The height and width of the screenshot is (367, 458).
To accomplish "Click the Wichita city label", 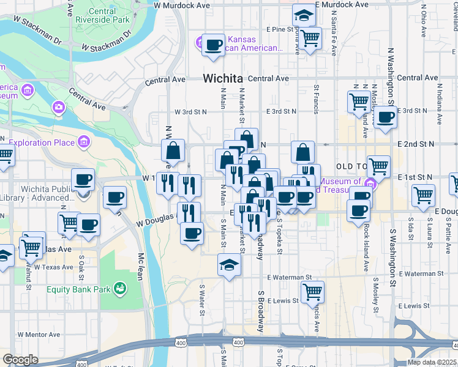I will coord(222,78).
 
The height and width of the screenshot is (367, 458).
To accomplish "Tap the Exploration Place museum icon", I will coord(84,143).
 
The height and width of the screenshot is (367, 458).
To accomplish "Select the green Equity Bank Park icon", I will coord(121,287).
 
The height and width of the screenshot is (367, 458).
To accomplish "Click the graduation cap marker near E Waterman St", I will coord(229,265).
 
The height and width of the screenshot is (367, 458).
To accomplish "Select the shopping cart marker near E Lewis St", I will coord(312,292).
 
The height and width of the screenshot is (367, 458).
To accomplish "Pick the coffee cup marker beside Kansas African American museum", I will coord(213,45).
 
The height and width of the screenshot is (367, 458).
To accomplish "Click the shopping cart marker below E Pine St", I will coord(310,38).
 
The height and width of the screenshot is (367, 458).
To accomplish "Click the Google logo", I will coord(20,360).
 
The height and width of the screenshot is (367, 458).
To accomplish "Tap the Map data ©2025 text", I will coord(432,362).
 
